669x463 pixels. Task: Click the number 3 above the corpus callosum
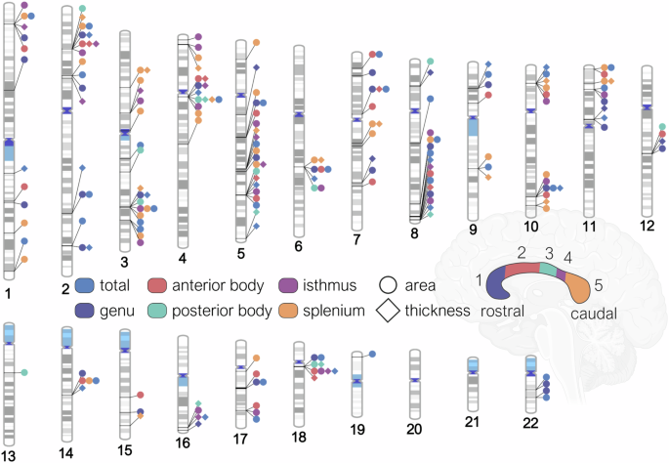549,254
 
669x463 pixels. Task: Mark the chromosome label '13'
8,455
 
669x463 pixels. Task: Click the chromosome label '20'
414,428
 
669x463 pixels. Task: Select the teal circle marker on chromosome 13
23,373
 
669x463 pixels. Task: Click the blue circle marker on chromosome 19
373,353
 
